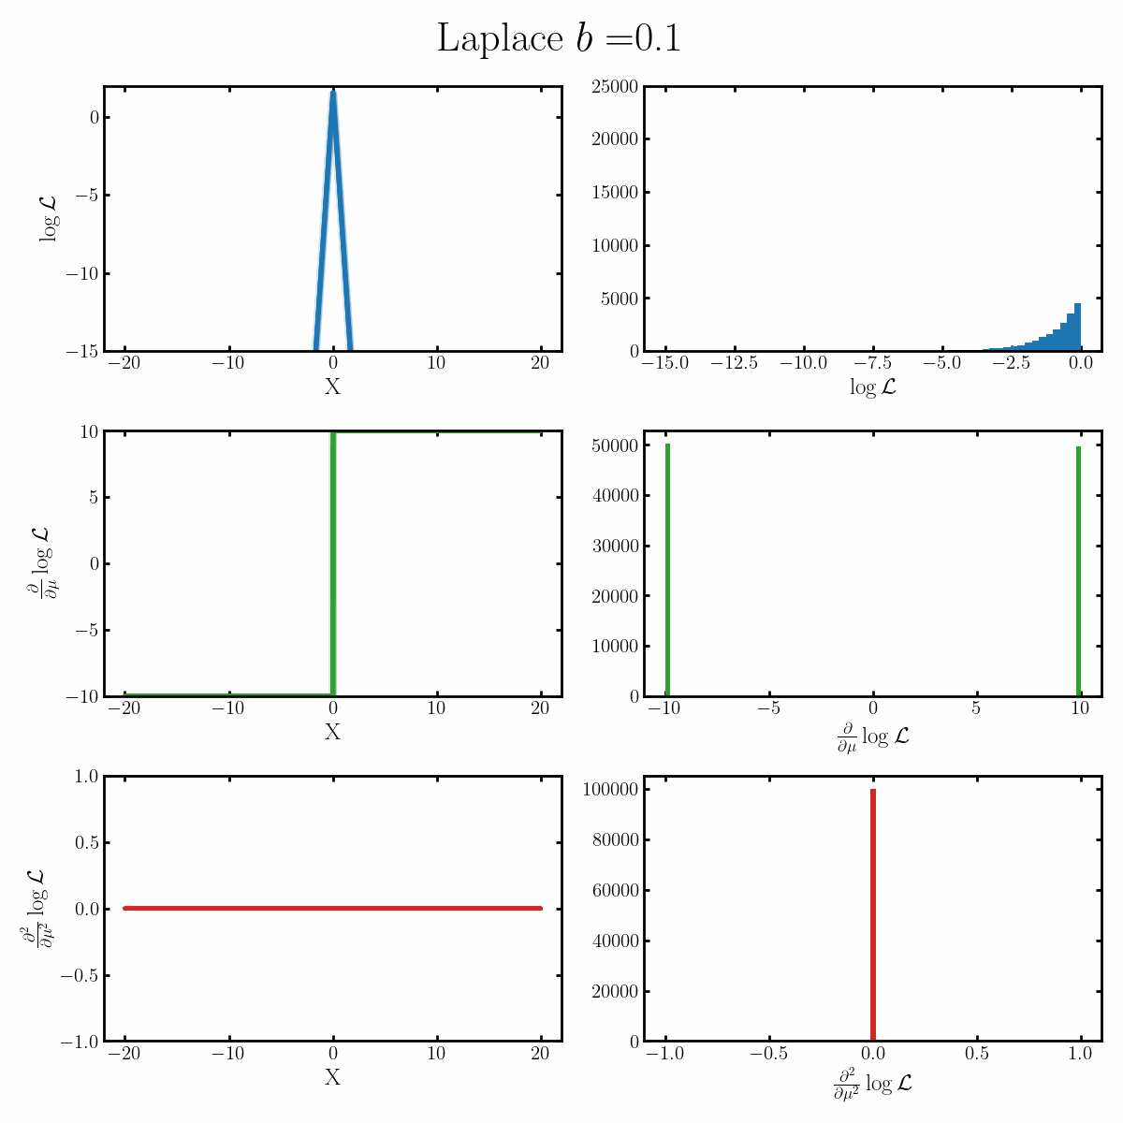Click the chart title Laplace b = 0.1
559,39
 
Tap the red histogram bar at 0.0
872,917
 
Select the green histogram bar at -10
667,571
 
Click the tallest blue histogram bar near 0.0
1077,328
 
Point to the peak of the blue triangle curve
333,94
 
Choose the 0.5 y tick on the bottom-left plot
86,842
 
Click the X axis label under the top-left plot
332,386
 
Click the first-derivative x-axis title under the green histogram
872,737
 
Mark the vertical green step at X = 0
333,561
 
